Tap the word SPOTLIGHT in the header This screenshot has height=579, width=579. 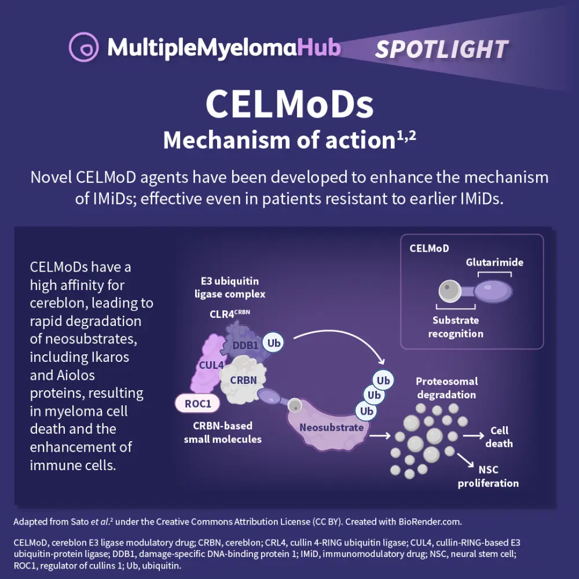pos(441,49)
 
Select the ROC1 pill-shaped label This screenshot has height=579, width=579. pos(198,404)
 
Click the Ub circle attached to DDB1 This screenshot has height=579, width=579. pos(274,342)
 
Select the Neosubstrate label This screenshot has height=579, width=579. pos(332,427)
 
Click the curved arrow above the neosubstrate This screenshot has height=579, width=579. pos(342,336)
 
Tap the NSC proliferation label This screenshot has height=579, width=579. pos(488,477)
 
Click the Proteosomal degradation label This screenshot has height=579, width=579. pos(446,388)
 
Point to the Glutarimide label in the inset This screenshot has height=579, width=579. pos(494,262)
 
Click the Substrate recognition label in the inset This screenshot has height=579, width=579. pos(456,327)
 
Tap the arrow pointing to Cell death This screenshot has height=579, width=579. pos(473,435)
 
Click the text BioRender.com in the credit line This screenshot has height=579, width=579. pos(430,522)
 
